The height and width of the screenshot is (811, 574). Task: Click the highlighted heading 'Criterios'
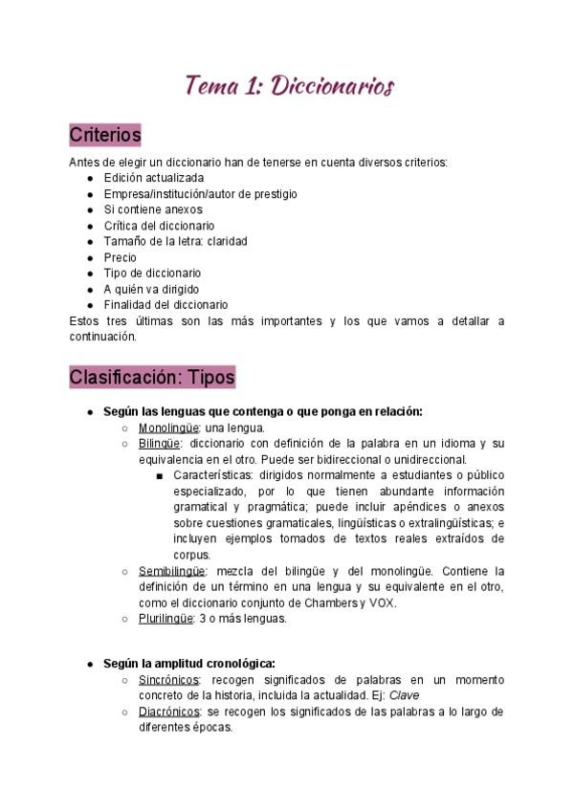coord(105,135)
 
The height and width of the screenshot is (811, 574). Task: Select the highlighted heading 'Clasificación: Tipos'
coord(152,377)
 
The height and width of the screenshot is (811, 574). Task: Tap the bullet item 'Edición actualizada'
coord(153,178)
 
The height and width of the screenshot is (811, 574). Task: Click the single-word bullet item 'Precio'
coord(121,257)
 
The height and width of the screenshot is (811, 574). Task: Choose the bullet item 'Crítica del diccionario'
coord(159,226)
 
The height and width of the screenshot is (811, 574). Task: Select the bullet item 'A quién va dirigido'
coord(151,289)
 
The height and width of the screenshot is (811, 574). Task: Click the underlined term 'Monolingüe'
coord(167,427)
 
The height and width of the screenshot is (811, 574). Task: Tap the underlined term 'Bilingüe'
coord(160,444)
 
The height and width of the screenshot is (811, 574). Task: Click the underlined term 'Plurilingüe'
coord(165,619)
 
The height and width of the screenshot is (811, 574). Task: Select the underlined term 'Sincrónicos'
coord(167,679)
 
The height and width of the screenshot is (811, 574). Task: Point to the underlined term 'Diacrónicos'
coord(168,712)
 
